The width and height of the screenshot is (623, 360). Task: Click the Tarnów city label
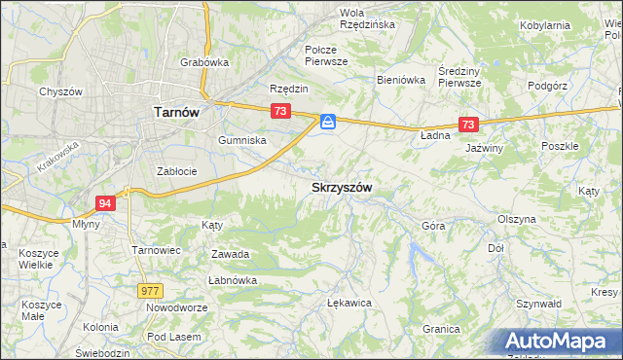pyautogui.click(x=177, y=112)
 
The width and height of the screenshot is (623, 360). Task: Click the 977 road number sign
pyautogui.click(x=150, y=290)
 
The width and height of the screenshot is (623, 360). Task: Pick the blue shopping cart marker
pyautogui.click(x=328, y=122)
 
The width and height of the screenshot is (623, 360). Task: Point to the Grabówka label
pyautogui.click(x=203, y=62)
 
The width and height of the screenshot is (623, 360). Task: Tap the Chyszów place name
pyautogui.click(x=58, y=91)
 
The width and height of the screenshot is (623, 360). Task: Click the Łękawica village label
pyautogui.click(x=350, y=303)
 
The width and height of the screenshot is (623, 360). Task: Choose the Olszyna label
pyautogui.click(x=516, y=219)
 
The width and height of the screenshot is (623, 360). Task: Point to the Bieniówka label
pyautogui.click(x=401, y=81)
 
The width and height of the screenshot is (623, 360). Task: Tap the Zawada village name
pyautogui.click(x=231, y=254)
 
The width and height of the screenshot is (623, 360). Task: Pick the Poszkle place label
pyautogui.click(x=560, y=146)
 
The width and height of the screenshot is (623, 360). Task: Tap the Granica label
pyautogui.click(x=441, y=329)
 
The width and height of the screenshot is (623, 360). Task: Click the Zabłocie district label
pyautogui.click(x=177, y=171)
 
